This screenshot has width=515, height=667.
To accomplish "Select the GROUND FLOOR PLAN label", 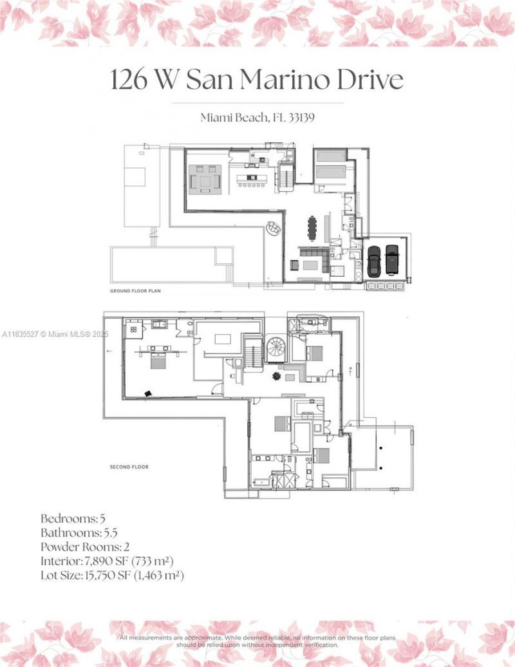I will (x=135, y=291).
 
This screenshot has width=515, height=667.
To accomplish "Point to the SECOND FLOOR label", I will (x=129, y=467).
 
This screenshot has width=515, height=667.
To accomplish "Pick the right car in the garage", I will (x=392, y=259).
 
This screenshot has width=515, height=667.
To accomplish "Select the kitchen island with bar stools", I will (x=252, y=178).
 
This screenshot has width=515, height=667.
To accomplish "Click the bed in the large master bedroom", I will (x=157, y=358).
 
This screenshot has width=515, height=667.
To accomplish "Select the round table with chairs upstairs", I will (x=276, y=377).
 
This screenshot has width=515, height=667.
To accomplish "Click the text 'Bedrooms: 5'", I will (x=68, y=518).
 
